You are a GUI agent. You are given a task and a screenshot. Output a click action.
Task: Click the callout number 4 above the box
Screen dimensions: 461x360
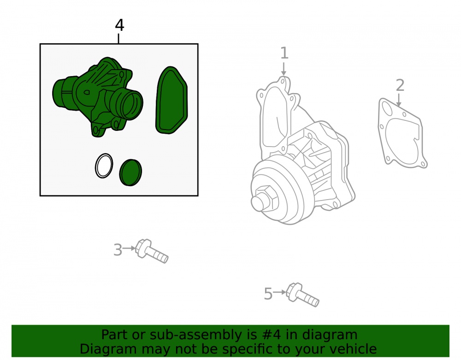[119, 25]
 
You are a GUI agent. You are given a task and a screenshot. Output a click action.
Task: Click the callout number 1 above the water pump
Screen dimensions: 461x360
[284, 53]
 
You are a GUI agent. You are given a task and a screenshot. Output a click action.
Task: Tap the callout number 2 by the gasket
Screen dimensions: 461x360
[400, 86]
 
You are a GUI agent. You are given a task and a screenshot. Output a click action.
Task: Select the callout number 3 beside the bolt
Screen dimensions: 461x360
[118, 250]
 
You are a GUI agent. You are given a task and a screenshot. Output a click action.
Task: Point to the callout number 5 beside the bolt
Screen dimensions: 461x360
[268, 294]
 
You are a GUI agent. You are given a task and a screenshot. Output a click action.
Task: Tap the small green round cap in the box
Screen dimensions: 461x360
[130, 172]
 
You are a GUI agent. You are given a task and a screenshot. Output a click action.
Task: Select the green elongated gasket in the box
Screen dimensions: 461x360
[171, 100]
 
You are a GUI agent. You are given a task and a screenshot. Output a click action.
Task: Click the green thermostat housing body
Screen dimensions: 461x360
[97, 95]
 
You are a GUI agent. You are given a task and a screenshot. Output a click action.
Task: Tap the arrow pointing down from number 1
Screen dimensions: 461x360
[284, 69]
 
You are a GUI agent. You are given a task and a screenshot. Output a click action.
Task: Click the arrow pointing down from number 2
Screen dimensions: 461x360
[399, 100]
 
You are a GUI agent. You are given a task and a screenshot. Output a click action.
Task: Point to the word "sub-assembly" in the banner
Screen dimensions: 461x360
[195, 335]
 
